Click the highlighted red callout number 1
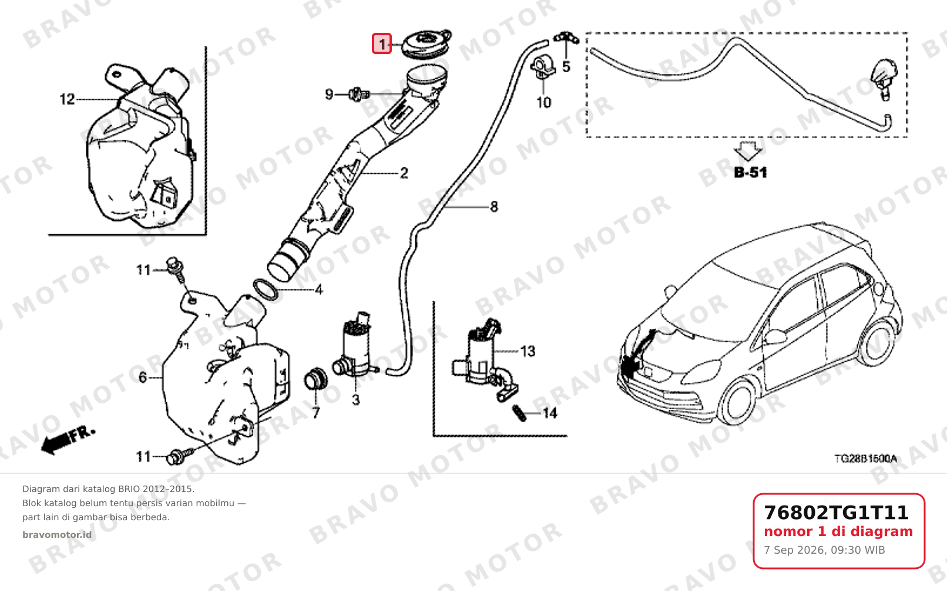pyautogui.click(x=382, y=43)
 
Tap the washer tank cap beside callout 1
pyautogui.click(x=426, y=44)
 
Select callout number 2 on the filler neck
pyautogui.click(x=404, y=173)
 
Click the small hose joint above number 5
pyautogui.click(x=566, y=38)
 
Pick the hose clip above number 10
pyautogui.click(x=543, y=68)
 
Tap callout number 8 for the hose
pyautogui.click(x=494, y=207)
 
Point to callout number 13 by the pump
pyautogui.click(x=528, y=351)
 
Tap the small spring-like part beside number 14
pyautogui.click(x=519, y=413)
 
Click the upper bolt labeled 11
pyautogui.click(x=176, y=269)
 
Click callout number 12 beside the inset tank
pyautogui.click(x=67, y=99)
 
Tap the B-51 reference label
pyautogui.click(x=750, y=173)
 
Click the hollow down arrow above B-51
pyautogui.click(x=747, y=151)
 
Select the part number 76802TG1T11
pyautogui.click(x=836, y=513)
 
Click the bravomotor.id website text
pyautogui.click(x=57, y=535)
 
